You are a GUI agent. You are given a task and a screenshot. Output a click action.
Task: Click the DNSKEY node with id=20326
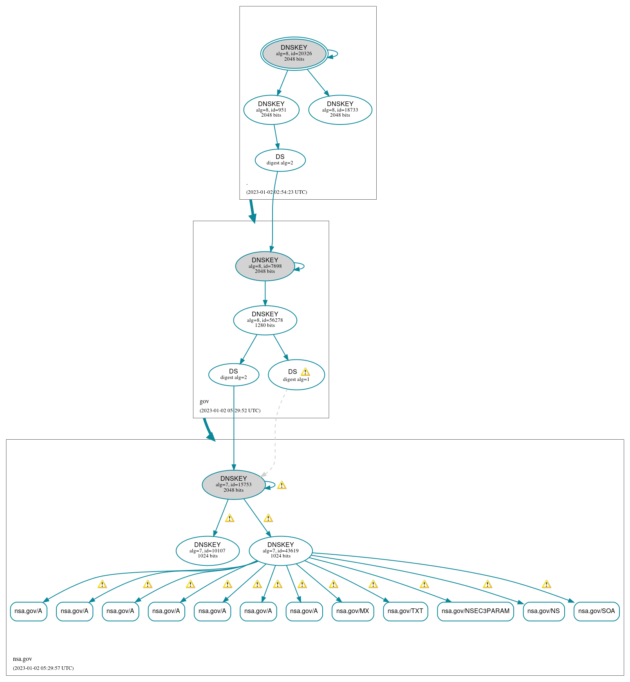[x=294, y=54]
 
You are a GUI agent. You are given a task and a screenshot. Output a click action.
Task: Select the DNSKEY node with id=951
[x=271, y=110]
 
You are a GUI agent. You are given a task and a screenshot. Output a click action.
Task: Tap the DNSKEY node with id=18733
[x=340, y=110]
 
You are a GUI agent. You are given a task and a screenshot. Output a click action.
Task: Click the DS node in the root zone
[x=280, y=160]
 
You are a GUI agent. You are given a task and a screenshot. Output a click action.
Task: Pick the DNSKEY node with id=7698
[x=265, y=266]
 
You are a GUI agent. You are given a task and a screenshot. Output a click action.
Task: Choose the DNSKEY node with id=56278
[x=265, y=320]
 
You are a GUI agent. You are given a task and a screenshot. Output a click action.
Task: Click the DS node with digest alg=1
[x=296, y=375]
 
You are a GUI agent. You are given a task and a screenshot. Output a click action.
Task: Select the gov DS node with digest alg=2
[x=234, y=374]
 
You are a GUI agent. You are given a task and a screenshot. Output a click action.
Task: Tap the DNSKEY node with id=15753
[x=234, y=484]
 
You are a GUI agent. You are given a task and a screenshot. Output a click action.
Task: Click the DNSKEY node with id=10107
[x=208, y=550]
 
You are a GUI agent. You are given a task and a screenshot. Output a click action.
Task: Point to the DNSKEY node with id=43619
[x=280, y=550]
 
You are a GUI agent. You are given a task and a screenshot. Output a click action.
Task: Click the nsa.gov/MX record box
[x=352, y=611]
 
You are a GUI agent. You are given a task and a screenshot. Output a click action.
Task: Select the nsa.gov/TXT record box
[x=405, y=611]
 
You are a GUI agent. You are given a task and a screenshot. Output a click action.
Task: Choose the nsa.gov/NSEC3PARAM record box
[x=475, y=611]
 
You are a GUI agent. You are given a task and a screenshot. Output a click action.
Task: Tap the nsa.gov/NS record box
[x=543, y=611]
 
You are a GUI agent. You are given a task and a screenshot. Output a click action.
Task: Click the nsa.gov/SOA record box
[x=596, y=611]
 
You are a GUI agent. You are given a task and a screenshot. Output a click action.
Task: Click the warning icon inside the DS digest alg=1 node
[x=305, y=372]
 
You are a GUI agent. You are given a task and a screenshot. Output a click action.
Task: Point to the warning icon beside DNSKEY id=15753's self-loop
[x=282, y=485]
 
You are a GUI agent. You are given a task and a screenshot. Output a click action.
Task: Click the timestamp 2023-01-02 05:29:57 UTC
[x=43, y=668]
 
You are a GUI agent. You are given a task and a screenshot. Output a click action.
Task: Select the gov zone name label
[x=204, y=401]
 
